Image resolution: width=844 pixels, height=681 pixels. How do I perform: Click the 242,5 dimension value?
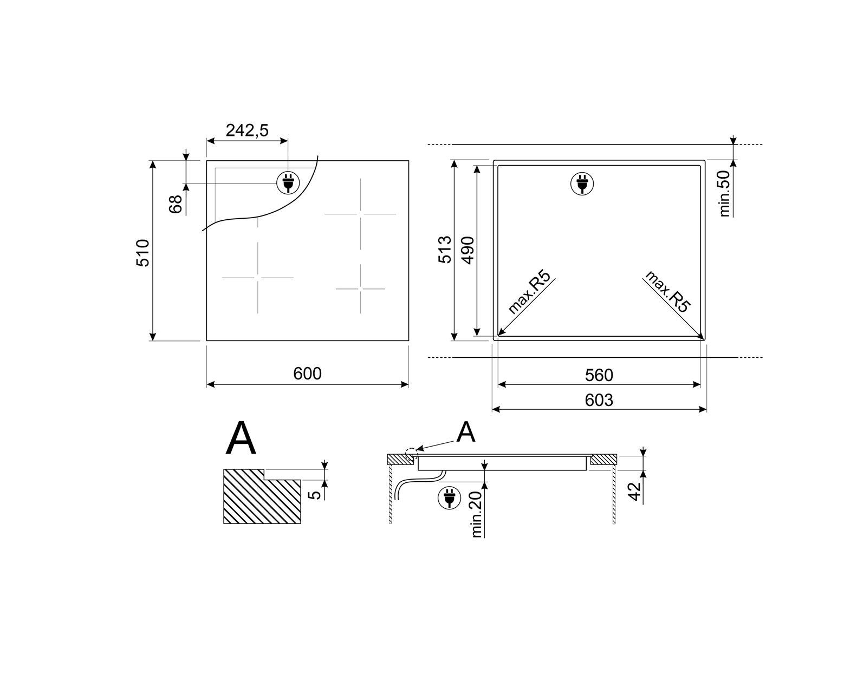247,130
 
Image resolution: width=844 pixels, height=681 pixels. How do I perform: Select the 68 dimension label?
176,204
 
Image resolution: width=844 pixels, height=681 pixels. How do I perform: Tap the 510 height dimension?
142,253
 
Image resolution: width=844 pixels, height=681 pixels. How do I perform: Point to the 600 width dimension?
307,374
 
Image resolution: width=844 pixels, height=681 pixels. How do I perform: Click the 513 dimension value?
445,250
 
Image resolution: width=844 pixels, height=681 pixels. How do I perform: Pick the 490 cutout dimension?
468,250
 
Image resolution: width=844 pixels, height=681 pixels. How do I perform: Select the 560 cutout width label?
599,375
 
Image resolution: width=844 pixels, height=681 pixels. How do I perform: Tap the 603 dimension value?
599,400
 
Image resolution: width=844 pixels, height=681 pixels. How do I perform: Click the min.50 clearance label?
724,194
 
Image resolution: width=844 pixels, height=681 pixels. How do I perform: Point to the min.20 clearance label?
476,514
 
